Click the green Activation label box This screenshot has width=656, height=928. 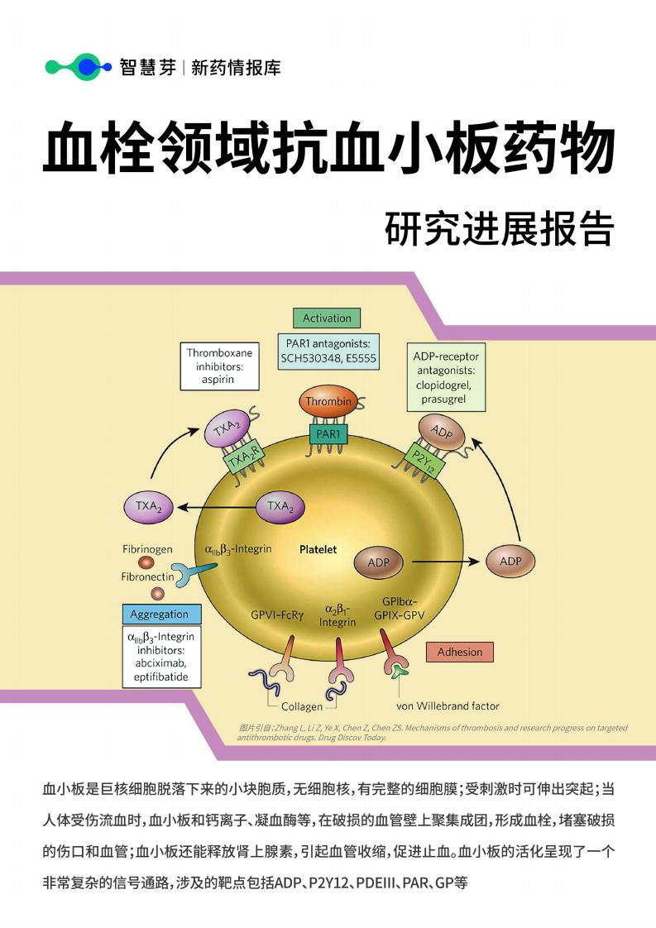pos(327,318)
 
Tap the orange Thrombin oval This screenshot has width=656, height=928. pos(328,402)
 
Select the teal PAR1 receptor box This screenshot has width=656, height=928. pos(328,434)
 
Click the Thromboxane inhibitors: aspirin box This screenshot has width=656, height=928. pos(220,366)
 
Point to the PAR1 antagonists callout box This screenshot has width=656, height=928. pos(328,351)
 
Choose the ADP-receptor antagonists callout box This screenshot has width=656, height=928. pos(446,377)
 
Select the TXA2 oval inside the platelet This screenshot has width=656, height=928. pos(280,507)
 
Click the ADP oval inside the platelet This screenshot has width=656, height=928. pos(378,562)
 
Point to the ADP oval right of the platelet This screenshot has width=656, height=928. pos(510,561)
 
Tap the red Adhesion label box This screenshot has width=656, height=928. pos(459,652)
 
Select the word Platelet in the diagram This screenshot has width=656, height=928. pos(318,549)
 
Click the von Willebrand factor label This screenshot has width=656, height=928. pos(448,706)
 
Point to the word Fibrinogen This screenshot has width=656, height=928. pos(147,549)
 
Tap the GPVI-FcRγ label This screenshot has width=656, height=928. pos(277,615)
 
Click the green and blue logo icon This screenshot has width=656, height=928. pos(78,67)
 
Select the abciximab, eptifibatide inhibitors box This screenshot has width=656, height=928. pos(161,657)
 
